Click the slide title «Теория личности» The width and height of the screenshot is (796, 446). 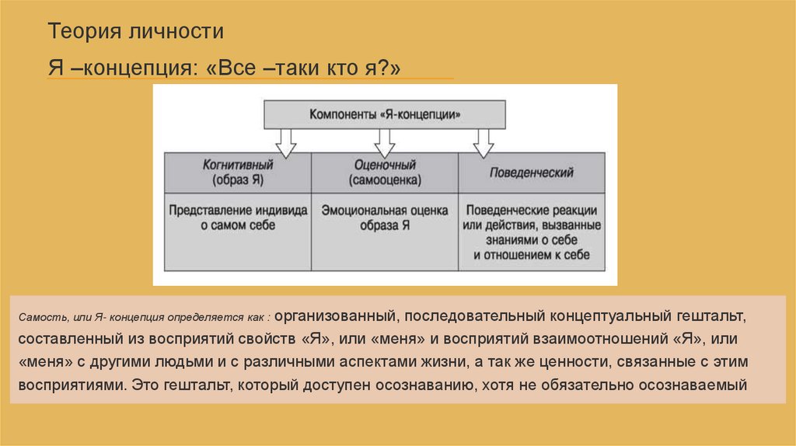(x=136, y=33)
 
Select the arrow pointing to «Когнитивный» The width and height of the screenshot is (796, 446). (x=285, y=141)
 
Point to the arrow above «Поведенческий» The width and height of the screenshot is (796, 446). (x=484, y=141)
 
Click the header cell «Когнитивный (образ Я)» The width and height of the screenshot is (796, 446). (x=238, y=172)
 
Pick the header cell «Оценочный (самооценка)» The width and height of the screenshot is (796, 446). (x=385, y=172)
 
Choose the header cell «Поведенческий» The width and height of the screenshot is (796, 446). (x=532, y=172)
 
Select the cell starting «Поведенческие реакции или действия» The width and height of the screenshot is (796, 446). (x=532, y=232)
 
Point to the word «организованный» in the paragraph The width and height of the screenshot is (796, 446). (x=336, y=317)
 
